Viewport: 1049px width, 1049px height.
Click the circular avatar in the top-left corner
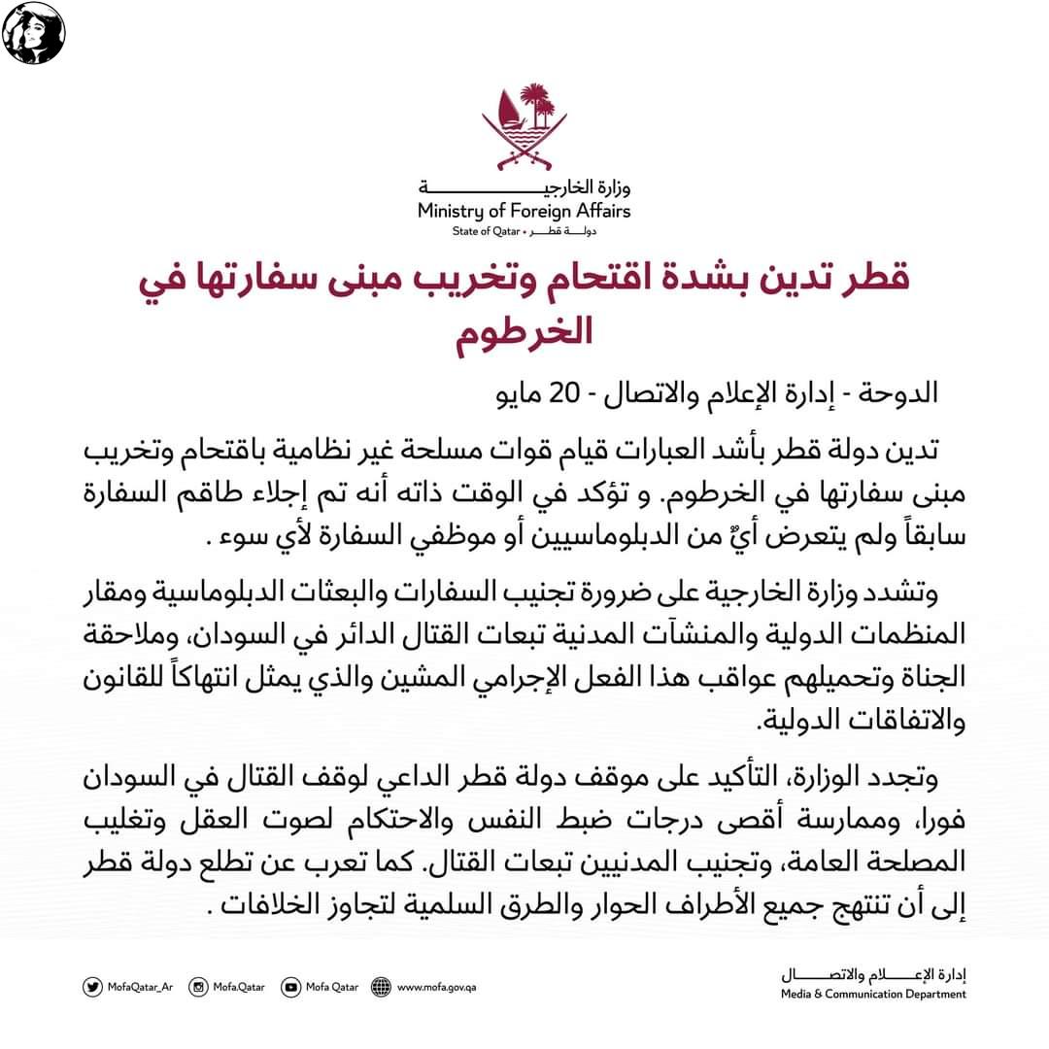[x=34, y=34]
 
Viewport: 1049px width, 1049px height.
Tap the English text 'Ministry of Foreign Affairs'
[x=524, y=211]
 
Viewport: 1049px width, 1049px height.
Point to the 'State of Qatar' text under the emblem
[x=486, y=231]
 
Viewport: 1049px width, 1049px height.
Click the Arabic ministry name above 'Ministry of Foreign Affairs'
[x=524, y=187]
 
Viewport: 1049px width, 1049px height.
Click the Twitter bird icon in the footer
[x=93, y=987]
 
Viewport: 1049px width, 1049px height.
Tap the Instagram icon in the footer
[x=198, y=987]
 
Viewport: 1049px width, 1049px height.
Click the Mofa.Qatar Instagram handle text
[x=239, y=988]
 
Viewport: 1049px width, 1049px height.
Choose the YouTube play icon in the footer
[x=291, y=987]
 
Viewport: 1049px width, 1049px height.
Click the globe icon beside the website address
[x=382, y=987]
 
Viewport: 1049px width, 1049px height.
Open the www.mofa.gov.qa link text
[x=437, y=988]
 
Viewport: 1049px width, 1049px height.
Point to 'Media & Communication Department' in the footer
[x=873, y=994]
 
